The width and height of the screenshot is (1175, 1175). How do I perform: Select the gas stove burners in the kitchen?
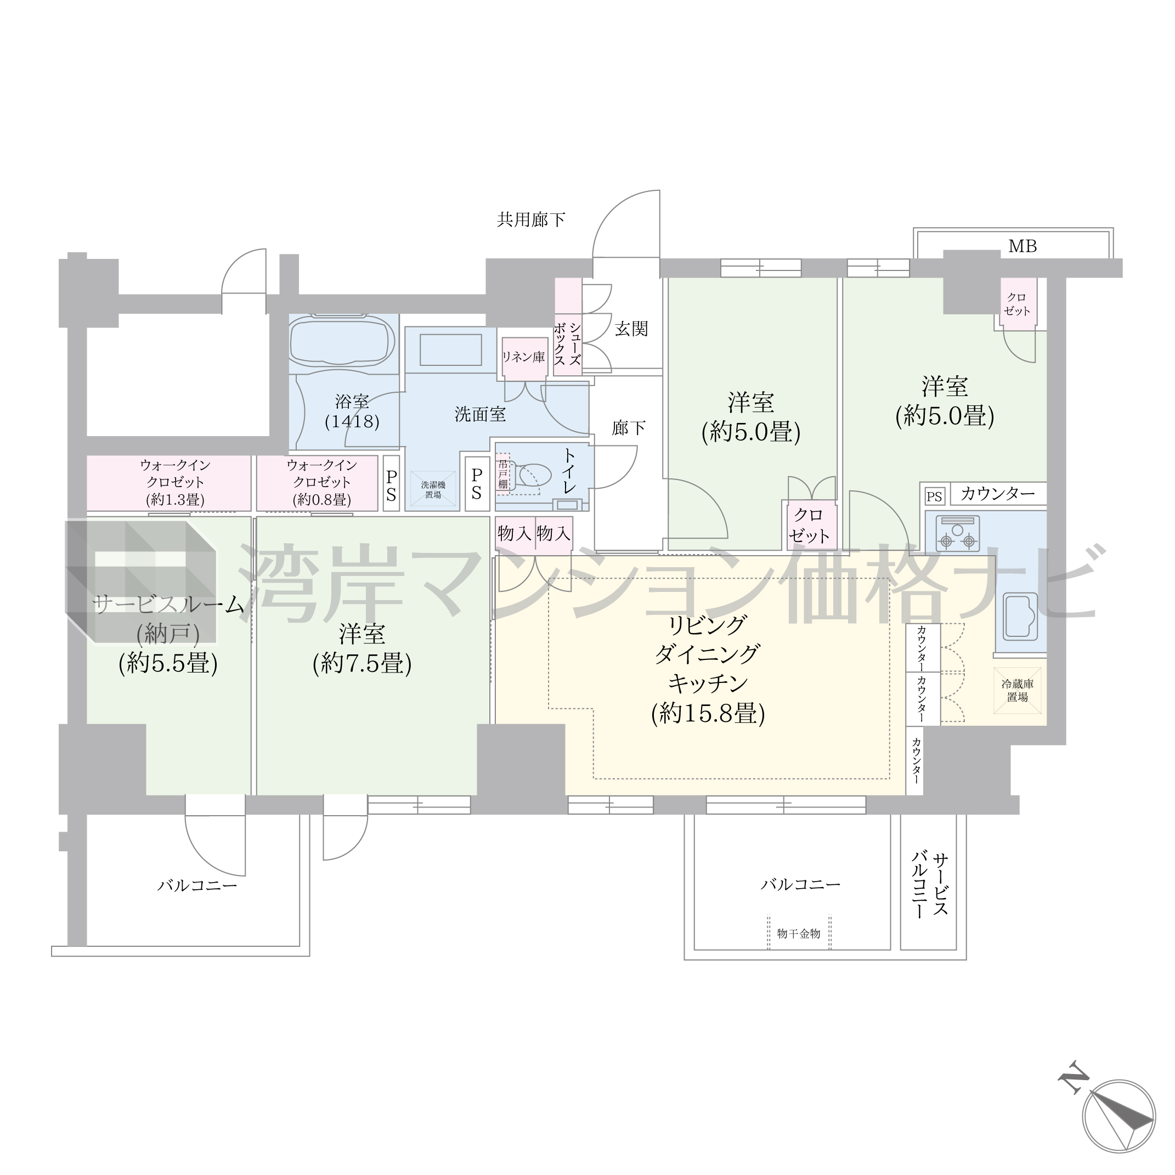(x=958, y=533)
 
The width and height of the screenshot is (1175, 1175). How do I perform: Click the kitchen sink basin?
(x=1020, y=616)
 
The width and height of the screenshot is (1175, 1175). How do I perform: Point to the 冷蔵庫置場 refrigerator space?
(x=1018, y=690)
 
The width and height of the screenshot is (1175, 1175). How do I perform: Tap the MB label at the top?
(x=1023, y=246)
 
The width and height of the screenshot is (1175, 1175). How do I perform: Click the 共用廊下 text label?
(x=531, y=219)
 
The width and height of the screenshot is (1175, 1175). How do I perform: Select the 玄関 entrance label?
(x=631, y=329)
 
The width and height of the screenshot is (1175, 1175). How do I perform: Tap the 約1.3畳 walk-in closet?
(x=168, y=483)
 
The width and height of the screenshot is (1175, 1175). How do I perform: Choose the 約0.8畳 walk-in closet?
(x=317, y=483)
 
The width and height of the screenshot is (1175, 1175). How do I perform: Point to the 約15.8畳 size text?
(x=708, y=713)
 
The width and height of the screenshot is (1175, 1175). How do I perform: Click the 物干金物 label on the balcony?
(x=799, y=934)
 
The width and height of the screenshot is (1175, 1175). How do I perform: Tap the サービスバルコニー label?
(x=929, y=884)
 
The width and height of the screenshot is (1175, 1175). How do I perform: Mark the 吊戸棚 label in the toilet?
(x=503, y=474)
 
